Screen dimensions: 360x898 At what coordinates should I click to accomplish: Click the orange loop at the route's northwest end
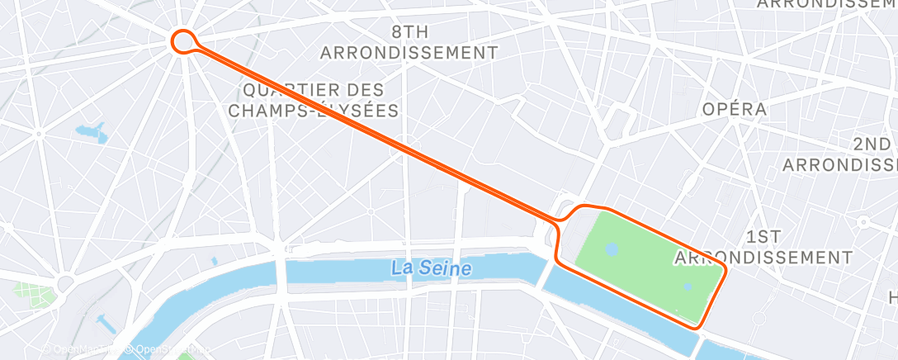[182, 40]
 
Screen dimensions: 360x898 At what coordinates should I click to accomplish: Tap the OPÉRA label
[734, 109]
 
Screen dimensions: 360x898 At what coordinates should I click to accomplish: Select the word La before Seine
[401, 268]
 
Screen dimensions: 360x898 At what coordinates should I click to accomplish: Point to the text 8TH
[409, 32]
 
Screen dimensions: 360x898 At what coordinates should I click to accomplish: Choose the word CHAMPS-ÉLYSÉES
[314, 110]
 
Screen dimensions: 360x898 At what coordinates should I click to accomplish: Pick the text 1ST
[763, 237]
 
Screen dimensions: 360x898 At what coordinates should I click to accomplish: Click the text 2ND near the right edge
[872, 144]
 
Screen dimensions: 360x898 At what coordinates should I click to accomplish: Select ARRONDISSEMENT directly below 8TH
[409, 53]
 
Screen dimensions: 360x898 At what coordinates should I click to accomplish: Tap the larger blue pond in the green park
[611, 248]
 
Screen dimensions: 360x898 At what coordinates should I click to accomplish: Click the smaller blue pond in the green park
[687, 287]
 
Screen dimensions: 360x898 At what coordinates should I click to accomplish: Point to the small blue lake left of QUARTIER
[90, 131]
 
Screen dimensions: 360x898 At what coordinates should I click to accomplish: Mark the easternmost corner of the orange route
[725, 270]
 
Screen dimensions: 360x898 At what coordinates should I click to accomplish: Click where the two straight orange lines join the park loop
[560, 219]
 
